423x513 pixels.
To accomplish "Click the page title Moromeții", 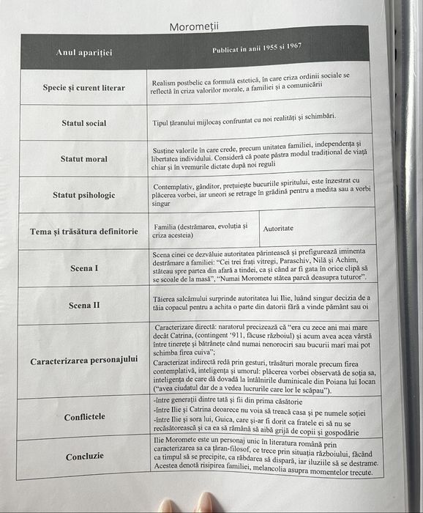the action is coord(194,27).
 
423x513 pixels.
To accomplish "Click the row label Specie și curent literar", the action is coord(83,88).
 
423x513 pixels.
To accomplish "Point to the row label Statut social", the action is coord(83,123).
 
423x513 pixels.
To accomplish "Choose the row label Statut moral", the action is coord(83,158).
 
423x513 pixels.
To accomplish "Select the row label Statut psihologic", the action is coord(83,195).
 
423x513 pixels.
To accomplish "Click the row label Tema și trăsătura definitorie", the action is coord(83,232).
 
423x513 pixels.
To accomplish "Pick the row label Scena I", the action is coord(83,268).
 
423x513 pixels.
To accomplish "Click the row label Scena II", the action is coord(83,305).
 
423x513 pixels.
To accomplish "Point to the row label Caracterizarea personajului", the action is coord(83,361).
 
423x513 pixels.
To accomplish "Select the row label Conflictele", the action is coord(84,417).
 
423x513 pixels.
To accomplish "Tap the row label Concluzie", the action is coord(84,456).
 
